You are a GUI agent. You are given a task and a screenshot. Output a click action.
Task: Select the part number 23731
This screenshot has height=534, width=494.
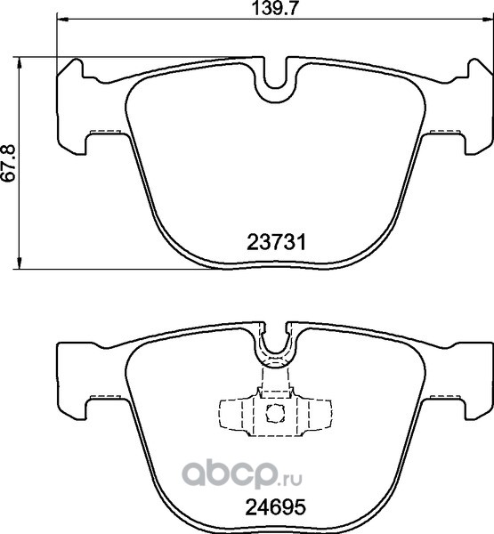pos(276,243)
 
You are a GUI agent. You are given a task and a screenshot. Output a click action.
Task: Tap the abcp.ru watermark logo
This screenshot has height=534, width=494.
pos(242,473)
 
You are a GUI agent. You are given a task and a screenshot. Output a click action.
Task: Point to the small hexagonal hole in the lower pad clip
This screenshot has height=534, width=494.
pos(275,413)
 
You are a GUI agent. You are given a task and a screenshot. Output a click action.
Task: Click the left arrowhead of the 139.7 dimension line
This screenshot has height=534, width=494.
pos(62,20)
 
